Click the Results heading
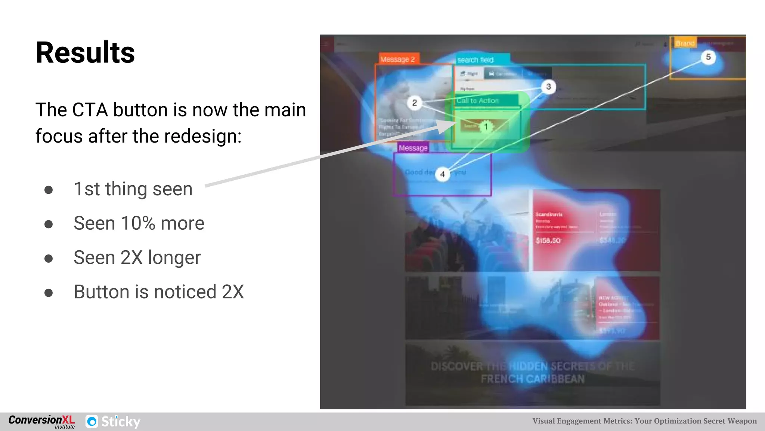(x=85, y=53)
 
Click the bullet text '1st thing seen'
(x=133, y=189)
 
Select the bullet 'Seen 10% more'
(x=139, y=223)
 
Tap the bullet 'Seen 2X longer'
(x=137, y=258)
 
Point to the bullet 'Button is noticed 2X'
(x=159, y=292)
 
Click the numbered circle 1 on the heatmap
(x=486, y=127)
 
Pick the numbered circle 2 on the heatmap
(x=414, y=103)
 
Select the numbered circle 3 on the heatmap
(x=548, y=87)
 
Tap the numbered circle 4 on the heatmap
(x=442, y=174)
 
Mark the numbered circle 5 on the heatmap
(x=708, y=57)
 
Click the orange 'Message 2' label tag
(x=397, y=59)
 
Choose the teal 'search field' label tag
(x=476, y=60)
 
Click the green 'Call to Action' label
(x=478, y=100)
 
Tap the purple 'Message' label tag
(x=413, y=148)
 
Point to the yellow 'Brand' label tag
(x=685, y=43)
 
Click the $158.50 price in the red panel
(x=548, y=240)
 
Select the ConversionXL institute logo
(x=42, y=422)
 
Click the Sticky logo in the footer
(x=113, y=422)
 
